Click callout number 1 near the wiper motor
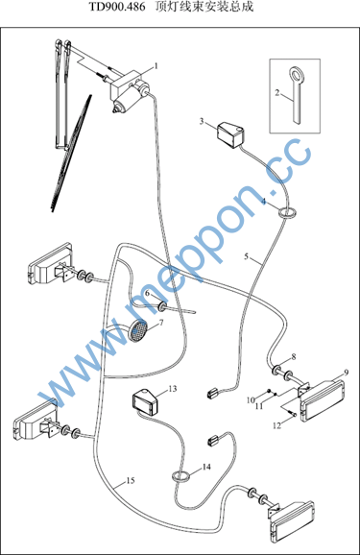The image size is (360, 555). (156, 66)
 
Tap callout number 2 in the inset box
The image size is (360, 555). (277, 93)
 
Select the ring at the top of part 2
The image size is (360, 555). (296, 75)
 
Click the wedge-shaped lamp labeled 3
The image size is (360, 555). (230, 134)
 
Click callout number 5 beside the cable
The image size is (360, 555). (247, 256)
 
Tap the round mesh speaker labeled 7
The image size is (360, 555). (137, 330)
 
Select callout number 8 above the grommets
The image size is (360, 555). (294, 357)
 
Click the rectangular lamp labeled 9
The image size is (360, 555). (323, 400)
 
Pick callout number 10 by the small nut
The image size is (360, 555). (251, 400)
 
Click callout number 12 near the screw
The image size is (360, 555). (276, 425)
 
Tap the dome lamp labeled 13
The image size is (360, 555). (144, 401)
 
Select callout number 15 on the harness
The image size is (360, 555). (131, 480)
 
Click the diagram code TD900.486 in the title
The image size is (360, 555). (117, 7)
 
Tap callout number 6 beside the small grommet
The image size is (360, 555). (147, 294)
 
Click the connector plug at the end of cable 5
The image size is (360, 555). (212, 393)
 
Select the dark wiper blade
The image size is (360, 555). (71, 154)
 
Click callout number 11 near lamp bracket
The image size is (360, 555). (259, 405)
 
